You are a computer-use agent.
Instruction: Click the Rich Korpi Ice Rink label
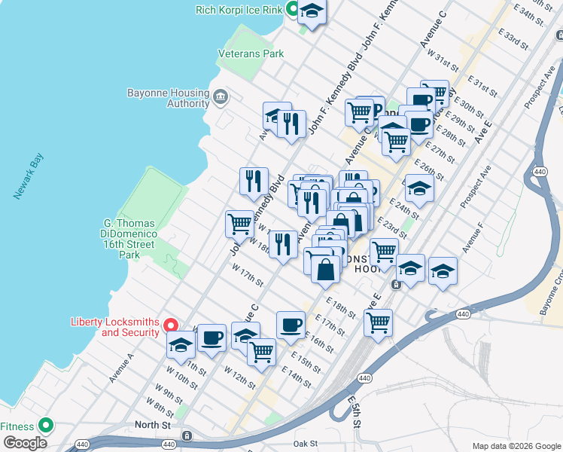tap(238, 10)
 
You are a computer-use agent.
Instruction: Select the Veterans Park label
tap(251, 53)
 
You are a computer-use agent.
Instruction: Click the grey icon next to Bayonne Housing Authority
tap(221, 96)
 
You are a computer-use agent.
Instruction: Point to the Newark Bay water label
tap(29, 176)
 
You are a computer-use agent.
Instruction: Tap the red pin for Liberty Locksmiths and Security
tap(171, 325)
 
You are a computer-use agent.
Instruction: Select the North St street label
tap(153, 425)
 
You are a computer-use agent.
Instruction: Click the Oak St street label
tap(307, 444)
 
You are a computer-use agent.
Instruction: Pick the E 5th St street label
tap(355, 411)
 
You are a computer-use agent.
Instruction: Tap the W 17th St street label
tap(248, 276)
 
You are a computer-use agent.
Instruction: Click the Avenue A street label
tap(121, 367)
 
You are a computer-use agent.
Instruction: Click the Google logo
tap(26, 443)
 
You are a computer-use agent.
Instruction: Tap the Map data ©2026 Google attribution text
tap(516, 446)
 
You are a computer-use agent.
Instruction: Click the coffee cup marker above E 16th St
tap(291, 325)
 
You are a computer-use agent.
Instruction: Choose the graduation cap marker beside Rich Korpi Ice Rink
tap(312, 12)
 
